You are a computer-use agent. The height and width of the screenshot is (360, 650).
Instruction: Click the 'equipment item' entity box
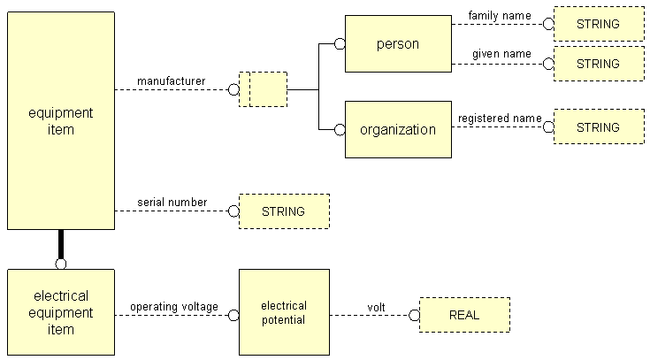tap(61, 120)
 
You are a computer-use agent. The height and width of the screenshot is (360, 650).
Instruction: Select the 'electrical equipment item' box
tap(61, 312)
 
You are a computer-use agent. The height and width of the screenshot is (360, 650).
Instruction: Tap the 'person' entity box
tap(398, 43)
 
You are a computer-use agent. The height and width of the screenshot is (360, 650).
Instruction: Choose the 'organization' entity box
tap(398, 129)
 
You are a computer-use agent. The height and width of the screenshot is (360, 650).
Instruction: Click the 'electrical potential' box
tap(284, 312)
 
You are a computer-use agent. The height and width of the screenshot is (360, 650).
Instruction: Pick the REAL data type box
tap(464, 314)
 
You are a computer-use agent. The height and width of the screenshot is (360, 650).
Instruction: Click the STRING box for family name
tap(599, 24)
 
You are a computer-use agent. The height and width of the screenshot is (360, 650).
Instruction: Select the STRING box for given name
tap(599, 64)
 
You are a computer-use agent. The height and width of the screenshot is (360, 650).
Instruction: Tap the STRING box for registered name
tap(599, 127)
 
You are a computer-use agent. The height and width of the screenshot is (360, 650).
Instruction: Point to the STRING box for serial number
tap(284, 211)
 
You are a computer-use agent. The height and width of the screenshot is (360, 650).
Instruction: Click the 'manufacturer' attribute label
tap(171, 81)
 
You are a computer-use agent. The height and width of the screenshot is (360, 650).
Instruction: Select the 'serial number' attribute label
tap(172, 203)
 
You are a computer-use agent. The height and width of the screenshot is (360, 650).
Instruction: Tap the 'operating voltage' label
tap(174, 306)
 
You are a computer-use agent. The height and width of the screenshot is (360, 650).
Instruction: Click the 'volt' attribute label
tap(377, 307)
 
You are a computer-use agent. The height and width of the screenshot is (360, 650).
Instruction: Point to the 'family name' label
tap(500, 15)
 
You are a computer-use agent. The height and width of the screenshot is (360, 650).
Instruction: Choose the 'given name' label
tap(501, 54)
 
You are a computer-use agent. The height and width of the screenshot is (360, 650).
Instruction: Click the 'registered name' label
tap(499, 119)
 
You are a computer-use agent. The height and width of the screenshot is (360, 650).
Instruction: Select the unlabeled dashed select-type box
tap(264, 89)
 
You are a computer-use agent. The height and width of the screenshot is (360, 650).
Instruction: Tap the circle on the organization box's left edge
tap(340, 129)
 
